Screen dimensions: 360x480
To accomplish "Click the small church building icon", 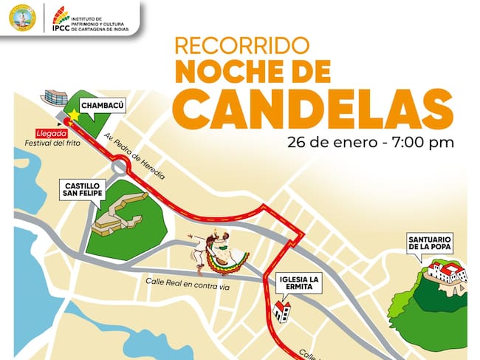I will click(x=281, y=310).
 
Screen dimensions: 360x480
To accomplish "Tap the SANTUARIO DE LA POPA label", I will click(x=430, y=244).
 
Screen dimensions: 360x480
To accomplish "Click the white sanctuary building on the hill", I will click(x=446, y=273).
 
